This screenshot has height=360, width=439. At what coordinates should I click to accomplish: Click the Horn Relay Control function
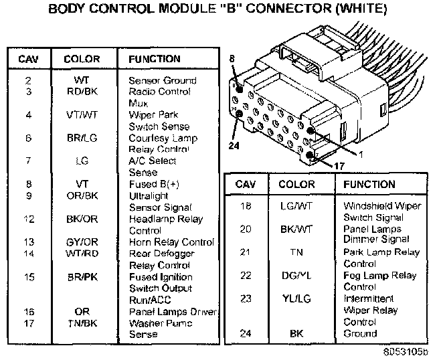171,242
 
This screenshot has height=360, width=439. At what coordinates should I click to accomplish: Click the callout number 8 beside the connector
232,60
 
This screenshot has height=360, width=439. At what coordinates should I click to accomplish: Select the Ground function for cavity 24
360,333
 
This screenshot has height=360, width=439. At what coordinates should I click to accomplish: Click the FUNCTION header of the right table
369,185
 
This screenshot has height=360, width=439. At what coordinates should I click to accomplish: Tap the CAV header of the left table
29,59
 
